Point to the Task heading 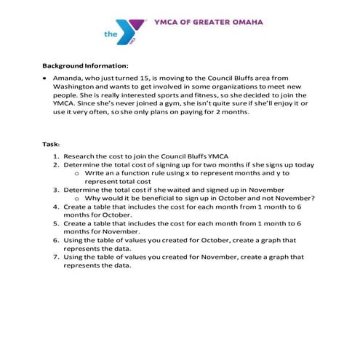(49, 143)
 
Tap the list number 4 (56, 207)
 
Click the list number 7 (56, 257)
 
